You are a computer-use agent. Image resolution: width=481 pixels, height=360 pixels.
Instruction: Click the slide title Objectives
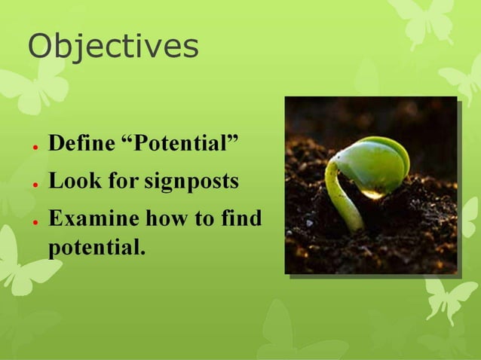click(113, 47)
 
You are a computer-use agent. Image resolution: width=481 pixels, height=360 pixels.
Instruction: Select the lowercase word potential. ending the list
click(96, 246)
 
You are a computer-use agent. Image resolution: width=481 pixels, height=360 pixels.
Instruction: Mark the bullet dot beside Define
click(35, 145)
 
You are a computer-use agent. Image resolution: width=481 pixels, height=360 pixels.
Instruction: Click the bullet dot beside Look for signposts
click(35, 184)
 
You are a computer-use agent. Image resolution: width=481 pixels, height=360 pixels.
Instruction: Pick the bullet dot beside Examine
click(35, 221)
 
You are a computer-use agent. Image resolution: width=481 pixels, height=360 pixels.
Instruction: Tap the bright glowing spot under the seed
click(372, 194)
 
